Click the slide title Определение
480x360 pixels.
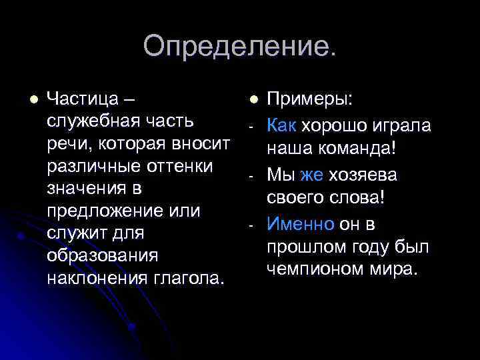point(240,47)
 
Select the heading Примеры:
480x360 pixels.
point(311,99)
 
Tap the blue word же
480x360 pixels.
point(312,175)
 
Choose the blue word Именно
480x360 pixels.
point(301,225)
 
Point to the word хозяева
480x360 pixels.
point(363,175)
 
